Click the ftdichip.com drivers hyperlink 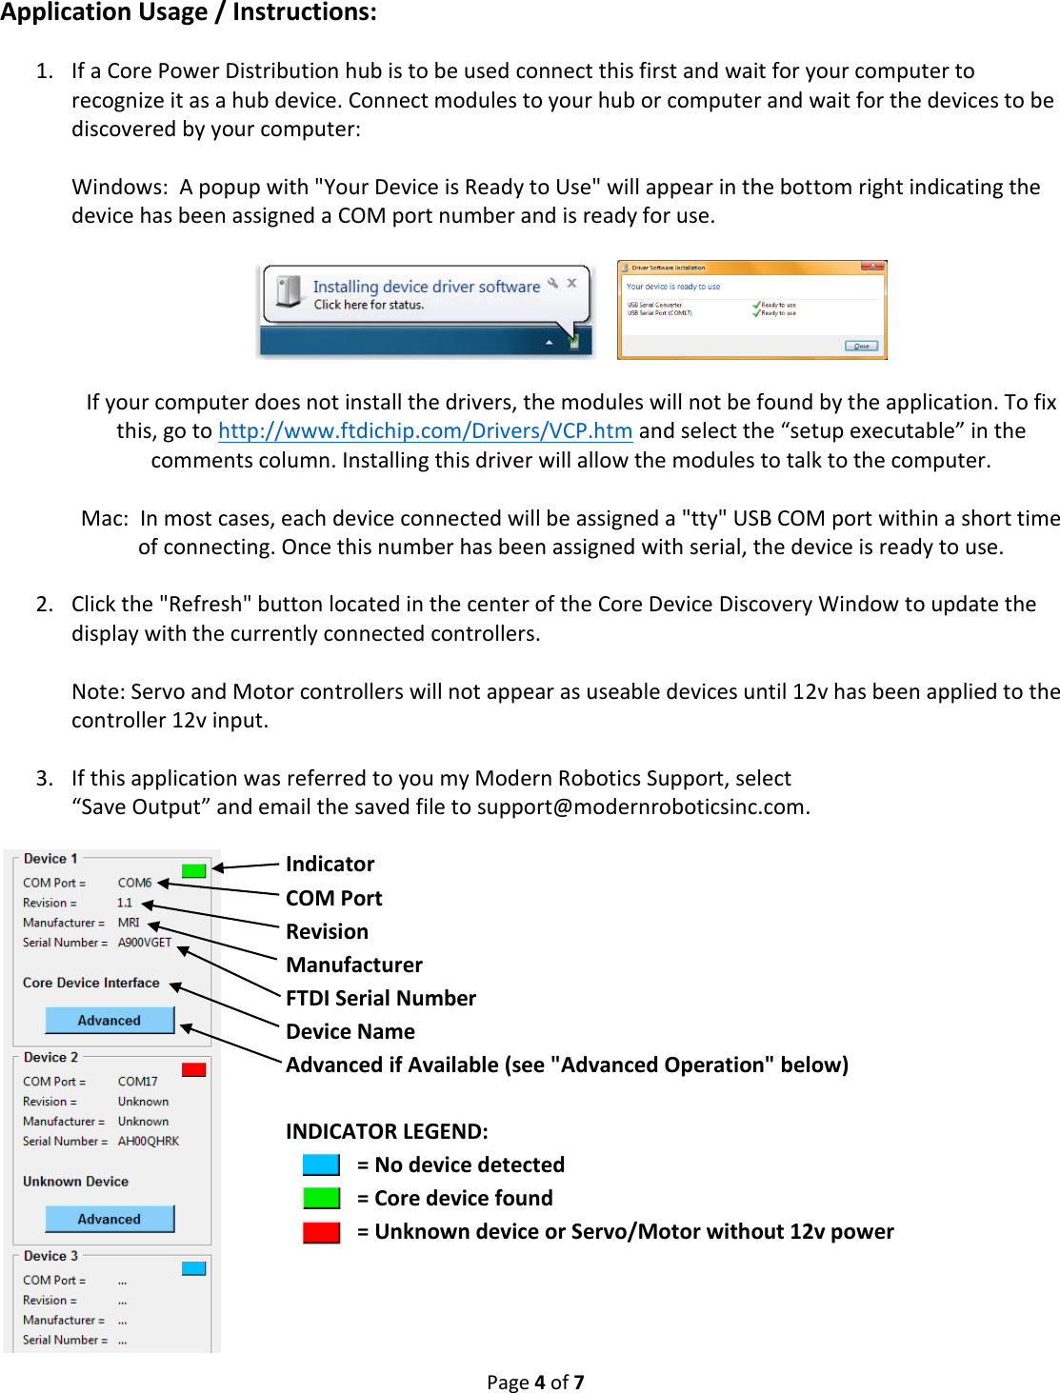click(425, 431)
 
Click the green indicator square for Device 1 click(193, 870)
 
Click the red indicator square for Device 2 click(193, 1069)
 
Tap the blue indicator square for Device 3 click(193, 1268)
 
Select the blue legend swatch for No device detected click(321, 1164)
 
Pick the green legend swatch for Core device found click(321, 1198)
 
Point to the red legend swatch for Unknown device click(321, 1232)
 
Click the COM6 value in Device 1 click(134, 883)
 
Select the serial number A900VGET click(145, 943)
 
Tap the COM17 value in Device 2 click(137, 1082)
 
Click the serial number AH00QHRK click(148, 1142)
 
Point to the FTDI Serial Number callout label click(381, 998)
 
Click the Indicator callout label click(330, 864)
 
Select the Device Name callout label click(350, 1031)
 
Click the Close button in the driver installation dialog click(861, 346)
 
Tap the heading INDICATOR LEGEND click(387, 1131)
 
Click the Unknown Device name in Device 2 click(75, 1182)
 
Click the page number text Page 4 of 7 click(535, 1382)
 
